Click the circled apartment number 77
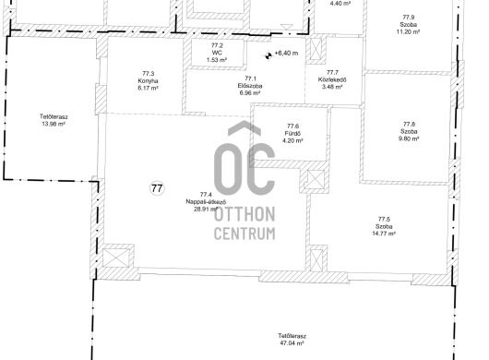pyautogui.click(x=157, y=188)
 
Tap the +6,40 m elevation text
pyautogui.click(x=286, y=53)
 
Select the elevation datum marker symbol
pyautogui.click(x=268, y=55)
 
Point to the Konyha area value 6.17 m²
pyautogui.click(x=148, y=88)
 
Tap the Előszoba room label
pyautogui.click(x=249, y=86)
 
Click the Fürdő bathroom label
pyautogui.click(x=292, y=133)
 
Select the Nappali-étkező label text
pyautogui.click(x=206, y=201)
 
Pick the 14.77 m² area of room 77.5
pyautogui.click(x=384, y=234)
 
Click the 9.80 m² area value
pyautogui.click(x=409, y=138)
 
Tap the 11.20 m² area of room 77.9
pyautogui.click(x=408, y=31)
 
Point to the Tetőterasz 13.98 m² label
pyautogui.click(x=54, y=120)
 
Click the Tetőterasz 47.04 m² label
pyautogui.click(x=292, y=340)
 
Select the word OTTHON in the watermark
pyautogui.click(x=244, y=214)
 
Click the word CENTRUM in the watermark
pyautogui.click(x=244, y=234)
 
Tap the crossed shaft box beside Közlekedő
pyautogui.click(x=316, y=49)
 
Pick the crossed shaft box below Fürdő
pyautogui.click(x=314, y=180)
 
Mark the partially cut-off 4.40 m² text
pyautogui.click(x=340, y=3)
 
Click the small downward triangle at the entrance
pyautogui.click(x=286, y=27)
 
